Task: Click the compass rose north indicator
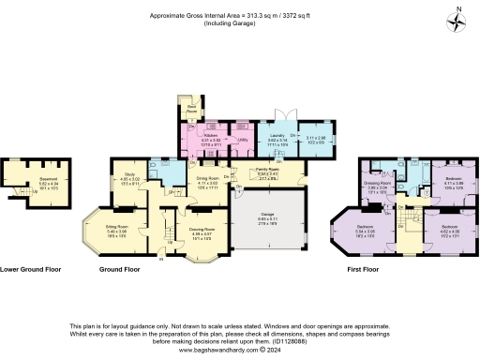tap(456, 21)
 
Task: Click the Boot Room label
tap(191, 108)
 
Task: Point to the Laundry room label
tap(277, 136)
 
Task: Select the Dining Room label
tap(207, 177)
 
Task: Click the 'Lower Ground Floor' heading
tap(31, 269)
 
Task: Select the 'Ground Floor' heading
tap(120, 269)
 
